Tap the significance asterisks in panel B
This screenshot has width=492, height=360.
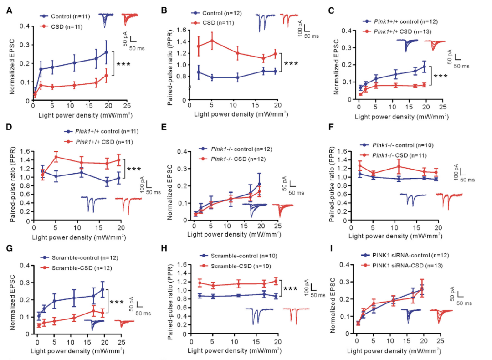[290, 63]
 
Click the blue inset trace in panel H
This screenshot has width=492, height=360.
[259, 315]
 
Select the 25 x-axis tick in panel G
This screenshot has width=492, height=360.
[120, 340]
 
